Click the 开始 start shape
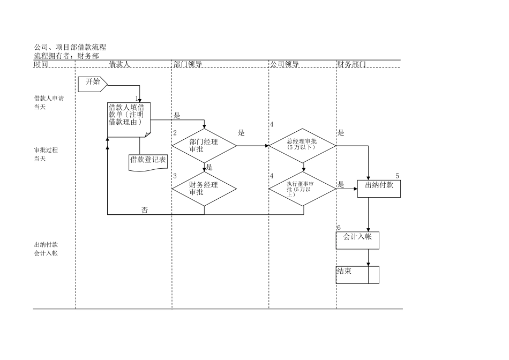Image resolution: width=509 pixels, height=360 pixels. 93,82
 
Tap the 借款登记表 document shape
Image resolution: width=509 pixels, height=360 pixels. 148,161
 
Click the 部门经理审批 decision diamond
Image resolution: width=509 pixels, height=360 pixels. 204,146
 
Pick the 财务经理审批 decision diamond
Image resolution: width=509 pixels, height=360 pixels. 204,189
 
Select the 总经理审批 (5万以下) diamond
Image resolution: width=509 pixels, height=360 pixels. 302,145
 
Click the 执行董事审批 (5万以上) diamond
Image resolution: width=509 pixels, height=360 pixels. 303,188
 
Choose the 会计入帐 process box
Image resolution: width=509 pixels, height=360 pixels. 357,239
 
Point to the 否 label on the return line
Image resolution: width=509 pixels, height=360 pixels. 145,210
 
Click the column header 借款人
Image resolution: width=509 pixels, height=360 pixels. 119,65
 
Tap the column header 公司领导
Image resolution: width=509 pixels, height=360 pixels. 284,65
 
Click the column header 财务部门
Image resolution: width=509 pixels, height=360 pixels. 351,65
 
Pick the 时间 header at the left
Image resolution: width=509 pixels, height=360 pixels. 41,65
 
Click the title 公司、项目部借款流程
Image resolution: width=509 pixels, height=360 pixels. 70,48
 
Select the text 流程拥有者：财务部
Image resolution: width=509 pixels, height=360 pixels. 66,56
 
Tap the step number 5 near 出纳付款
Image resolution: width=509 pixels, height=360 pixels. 397,176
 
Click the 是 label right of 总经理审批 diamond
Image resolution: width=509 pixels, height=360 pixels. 341,133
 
